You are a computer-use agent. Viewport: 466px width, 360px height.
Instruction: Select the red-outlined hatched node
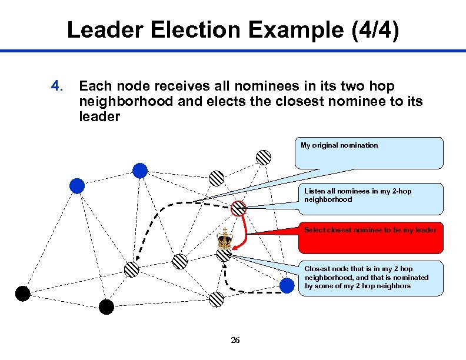coord(238,208)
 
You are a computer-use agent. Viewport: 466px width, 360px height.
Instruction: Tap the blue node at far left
coord(77,186)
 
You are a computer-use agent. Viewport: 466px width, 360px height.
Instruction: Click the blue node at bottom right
coord(287,286)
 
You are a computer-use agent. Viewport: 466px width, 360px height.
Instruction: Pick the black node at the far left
coord(22,293)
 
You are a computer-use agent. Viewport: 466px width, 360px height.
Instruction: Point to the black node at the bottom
coord(106,306)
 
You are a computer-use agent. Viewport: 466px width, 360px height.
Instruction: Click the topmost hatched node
coord(264,157)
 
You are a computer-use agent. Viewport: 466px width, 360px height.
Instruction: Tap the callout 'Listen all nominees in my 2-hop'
coord(373,198)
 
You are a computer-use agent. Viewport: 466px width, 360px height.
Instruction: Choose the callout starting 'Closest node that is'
coord(373,278)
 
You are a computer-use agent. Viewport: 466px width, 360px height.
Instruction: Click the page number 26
coord(235,340)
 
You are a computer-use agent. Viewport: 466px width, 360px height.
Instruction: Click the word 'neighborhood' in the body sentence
coord(126,101)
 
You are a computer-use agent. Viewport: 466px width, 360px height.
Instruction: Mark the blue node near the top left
coord(139,171)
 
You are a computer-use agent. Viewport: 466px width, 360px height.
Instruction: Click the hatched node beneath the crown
coord(224,255)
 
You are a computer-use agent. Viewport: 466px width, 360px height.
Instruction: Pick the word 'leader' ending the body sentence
coord(99,116)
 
